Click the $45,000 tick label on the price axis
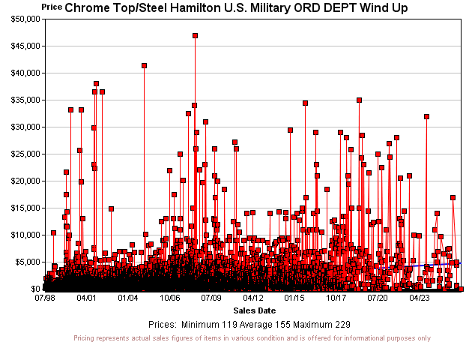click(x=22, y=46)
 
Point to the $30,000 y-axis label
click(x=22, y=127)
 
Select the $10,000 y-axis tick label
click(x=22, y=235)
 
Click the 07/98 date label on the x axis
click(x=44, y=298)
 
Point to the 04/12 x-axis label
click(x=253, y=298)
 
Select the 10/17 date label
click(x=336, y=298)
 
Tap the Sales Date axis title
click(x=255, y=310)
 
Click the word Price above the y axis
click(x=52, y=6)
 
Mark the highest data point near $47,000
click(x=195, y=35)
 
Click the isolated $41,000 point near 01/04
click(x=144, y=65)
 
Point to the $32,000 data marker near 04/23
click(x=426, y=116)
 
